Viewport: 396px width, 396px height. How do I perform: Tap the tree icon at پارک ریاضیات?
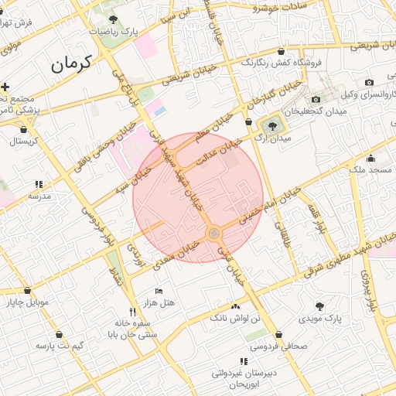tap(114, 19)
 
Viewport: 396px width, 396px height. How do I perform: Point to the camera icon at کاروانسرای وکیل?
tap(369, 83)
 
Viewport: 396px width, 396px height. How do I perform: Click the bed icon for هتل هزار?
tap(159, 291)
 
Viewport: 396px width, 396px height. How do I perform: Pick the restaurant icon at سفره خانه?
tap(133, 311)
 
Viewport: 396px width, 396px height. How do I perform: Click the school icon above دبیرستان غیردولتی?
tap(244, 361)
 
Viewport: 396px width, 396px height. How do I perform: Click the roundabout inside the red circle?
tap(214, 233)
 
